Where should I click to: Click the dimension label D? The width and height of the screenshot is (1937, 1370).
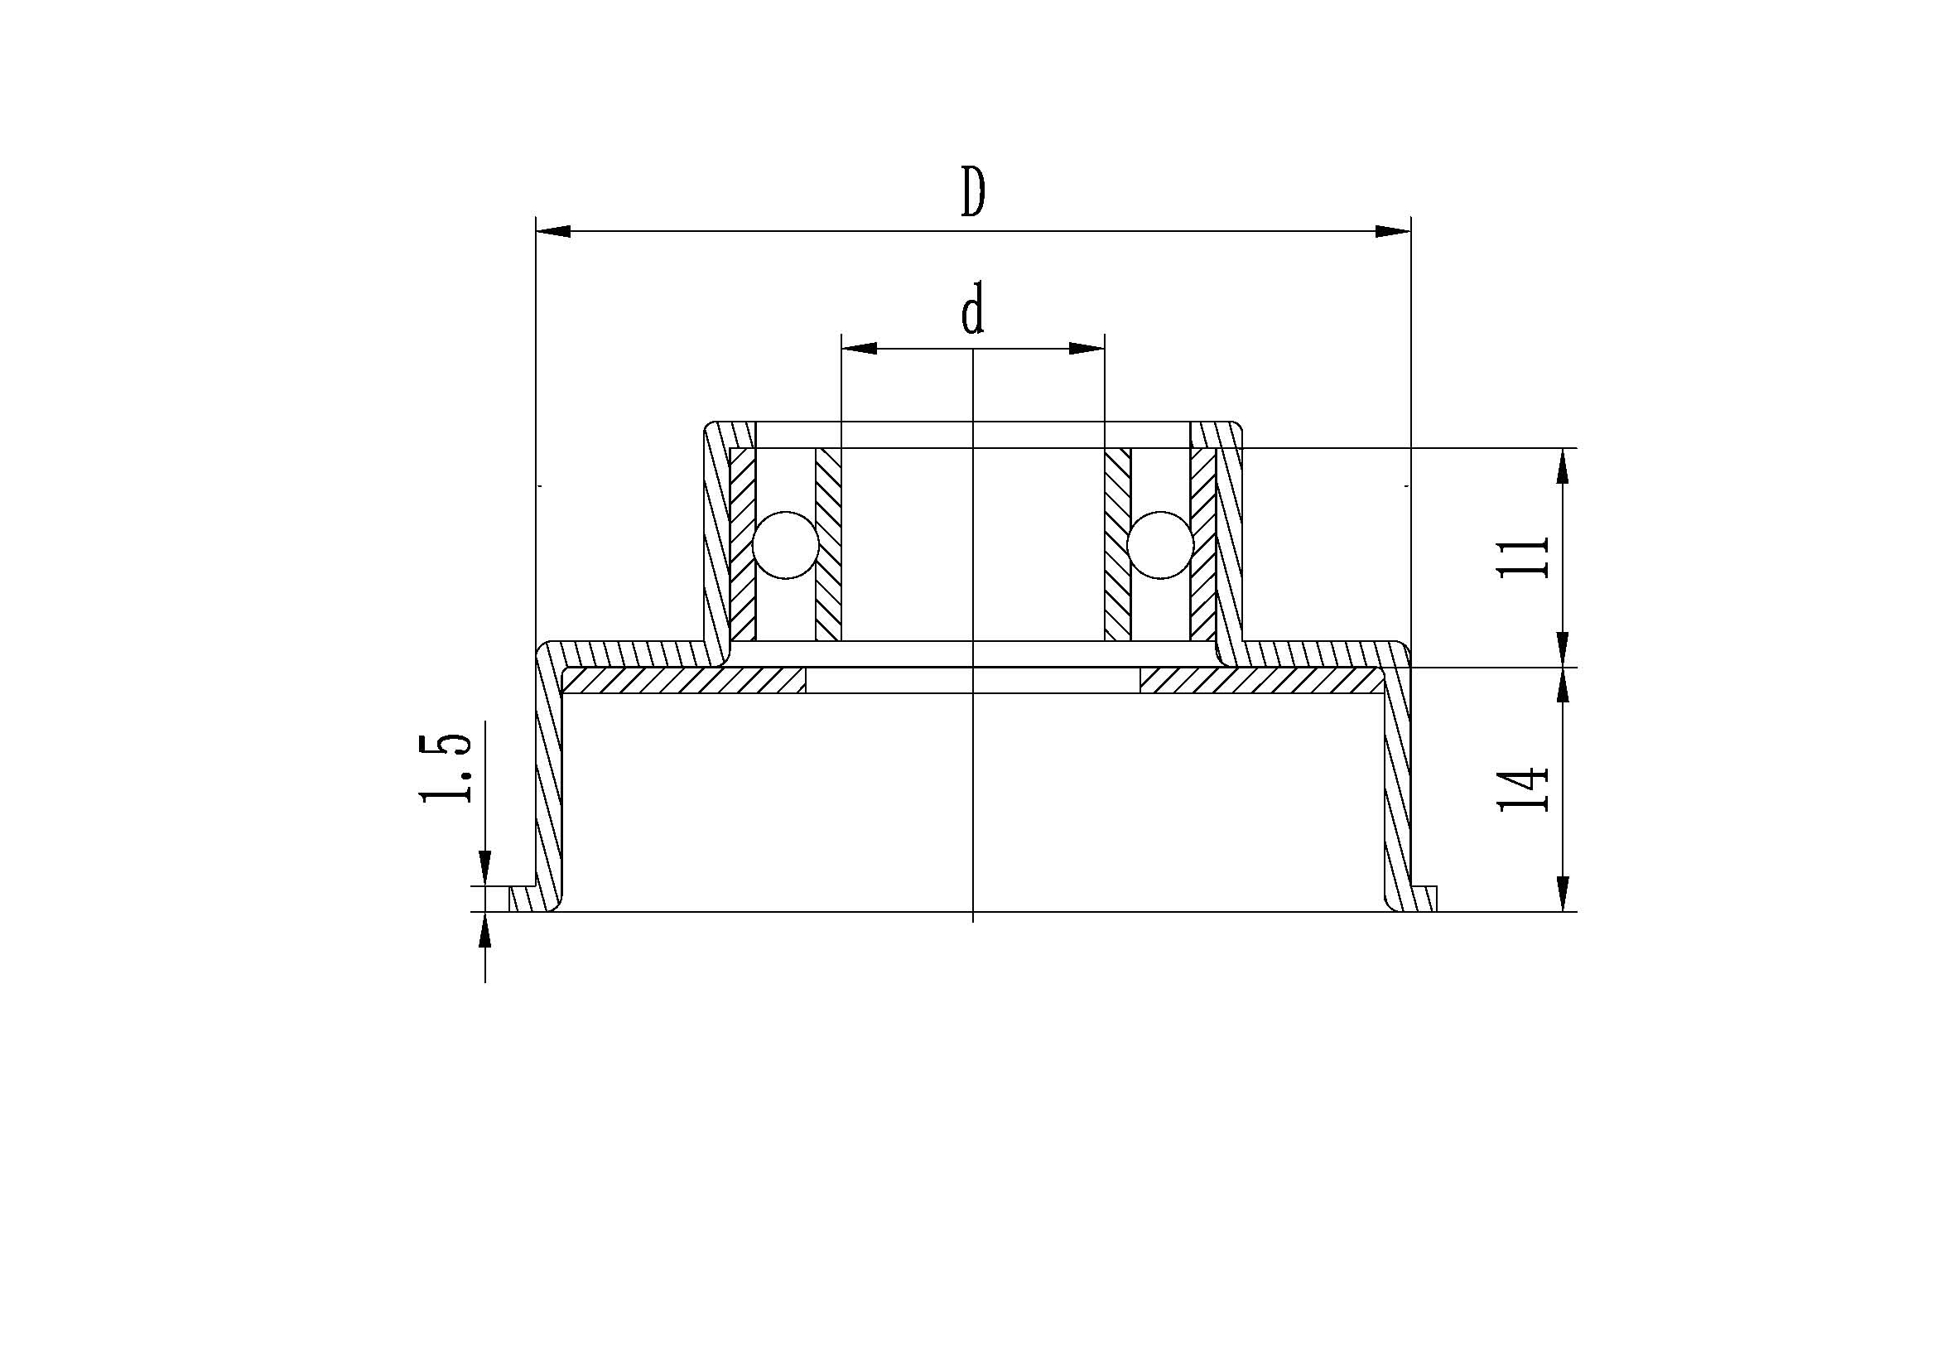coord(973,192)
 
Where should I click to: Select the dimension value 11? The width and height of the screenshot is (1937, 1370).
coord(1523,557)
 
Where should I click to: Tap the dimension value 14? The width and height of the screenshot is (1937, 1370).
coord(1523,789)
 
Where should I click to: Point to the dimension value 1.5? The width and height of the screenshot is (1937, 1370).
coord(445,767)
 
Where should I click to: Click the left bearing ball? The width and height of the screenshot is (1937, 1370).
coord(785,545)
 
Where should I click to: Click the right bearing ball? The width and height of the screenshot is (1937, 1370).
coord(1160,545)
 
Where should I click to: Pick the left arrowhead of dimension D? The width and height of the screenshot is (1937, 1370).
coord(553,231)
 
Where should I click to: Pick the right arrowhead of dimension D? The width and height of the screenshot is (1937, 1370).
coord(1393,231)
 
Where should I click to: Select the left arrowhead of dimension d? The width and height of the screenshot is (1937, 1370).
coord(859,349)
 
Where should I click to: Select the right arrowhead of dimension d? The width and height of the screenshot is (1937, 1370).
coord(1087,349)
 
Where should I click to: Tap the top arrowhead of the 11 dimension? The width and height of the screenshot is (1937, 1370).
coord(1563,465)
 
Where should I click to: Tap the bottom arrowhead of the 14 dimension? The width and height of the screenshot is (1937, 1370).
coord(1563,894)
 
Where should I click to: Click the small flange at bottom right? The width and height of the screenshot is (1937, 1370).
coord(1426,899)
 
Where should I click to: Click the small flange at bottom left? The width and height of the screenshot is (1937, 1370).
coord(523,899)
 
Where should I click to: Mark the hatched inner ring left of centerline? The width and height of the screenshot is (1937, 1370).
coord(828,544)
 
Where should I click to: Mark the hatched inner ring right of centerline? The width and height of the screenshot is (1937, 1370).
coord(1118,544)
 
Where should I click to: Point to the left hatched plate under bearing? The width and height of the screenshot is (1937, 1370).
coord(683,680)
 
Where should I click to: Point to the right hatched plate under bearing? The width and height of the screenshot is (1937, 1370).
coord(1261,680)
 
